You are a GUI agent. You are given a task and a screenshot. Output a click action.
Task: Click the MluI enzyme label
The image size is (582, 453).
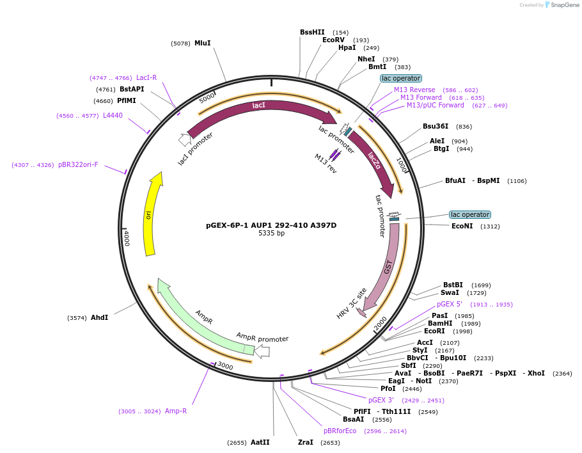point(202,44)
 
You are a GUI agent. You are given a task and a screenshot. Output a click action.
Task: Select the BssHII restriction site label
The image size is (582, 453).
point(312,32)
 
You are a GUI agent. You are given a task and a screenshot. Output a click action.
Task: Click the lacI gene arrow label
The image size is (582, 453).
point(258,106)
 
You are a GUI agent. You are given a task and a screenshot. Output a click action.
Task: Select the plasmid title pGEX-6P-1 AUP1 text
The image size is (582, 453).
point(271,225)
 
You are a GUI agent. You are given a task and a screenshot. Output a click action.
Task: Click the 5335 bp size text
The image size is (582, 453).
point(271,234)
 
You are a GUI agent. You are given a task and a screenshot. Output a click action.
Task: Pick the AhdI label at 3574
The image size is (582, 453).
point(99,317)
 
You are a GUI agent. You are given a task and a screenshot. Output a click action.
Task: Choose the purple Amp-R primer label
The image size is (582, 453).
point(176,411)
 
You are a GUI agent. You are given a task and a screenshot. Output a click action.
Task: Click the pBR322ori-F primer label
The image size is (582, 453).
point(78,164)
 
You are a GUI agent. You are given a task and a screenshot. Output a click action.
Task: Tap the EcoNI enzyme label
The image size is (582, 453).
point(462,226)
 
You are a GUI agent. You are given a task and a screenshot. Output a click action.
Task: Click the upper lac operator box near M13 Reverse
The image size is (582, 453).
point(400,78)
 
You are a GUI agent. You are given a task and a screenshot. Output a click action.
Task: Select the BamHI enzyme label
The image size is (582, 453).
point(440,323)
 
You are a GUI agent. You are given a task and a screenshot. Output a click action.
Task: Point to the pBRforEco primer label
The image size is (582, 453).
point(340,431)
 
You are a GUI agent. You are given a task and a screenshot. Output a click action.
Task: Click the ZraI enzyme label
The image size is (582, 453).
point(306,442)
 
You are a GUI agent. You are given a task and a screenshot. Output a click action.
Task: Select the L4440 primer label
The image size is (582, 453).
point(113,116)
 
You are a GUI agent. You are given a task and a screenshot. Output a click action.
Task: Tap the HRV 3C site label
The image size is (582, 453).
point(352,303)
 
